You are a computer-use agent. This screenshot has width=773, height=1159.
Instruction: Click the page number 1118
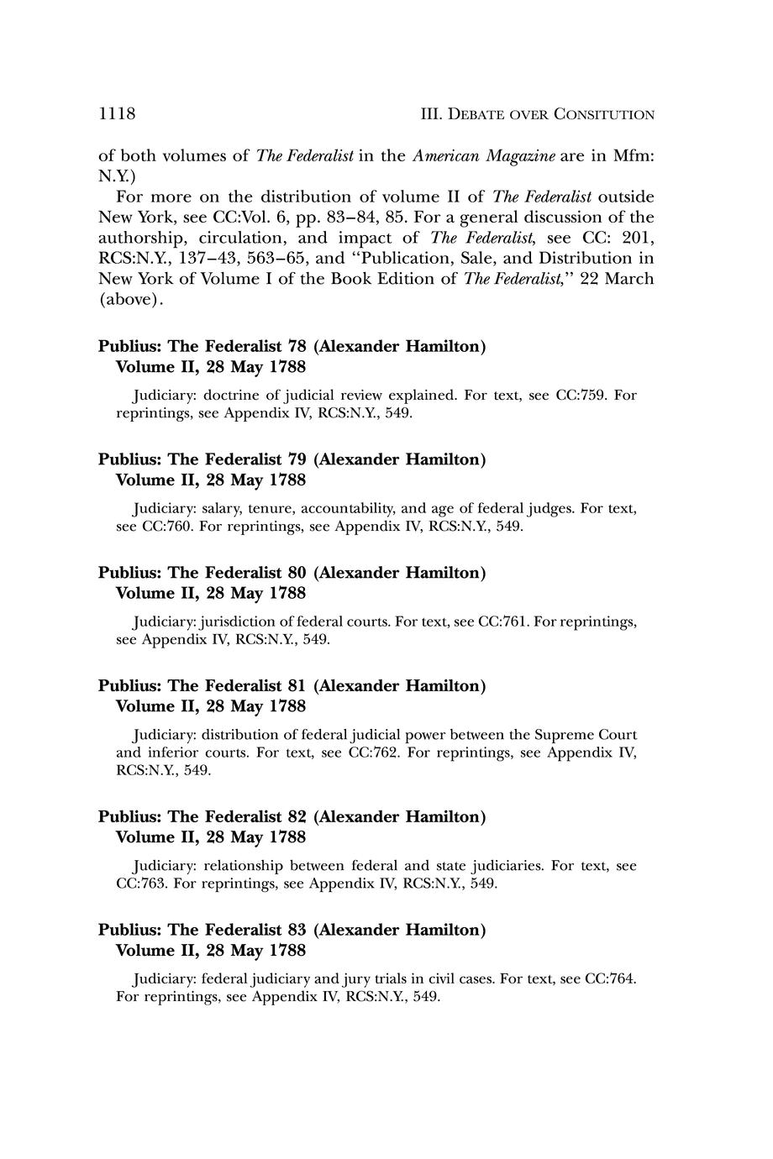[117, 113]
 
